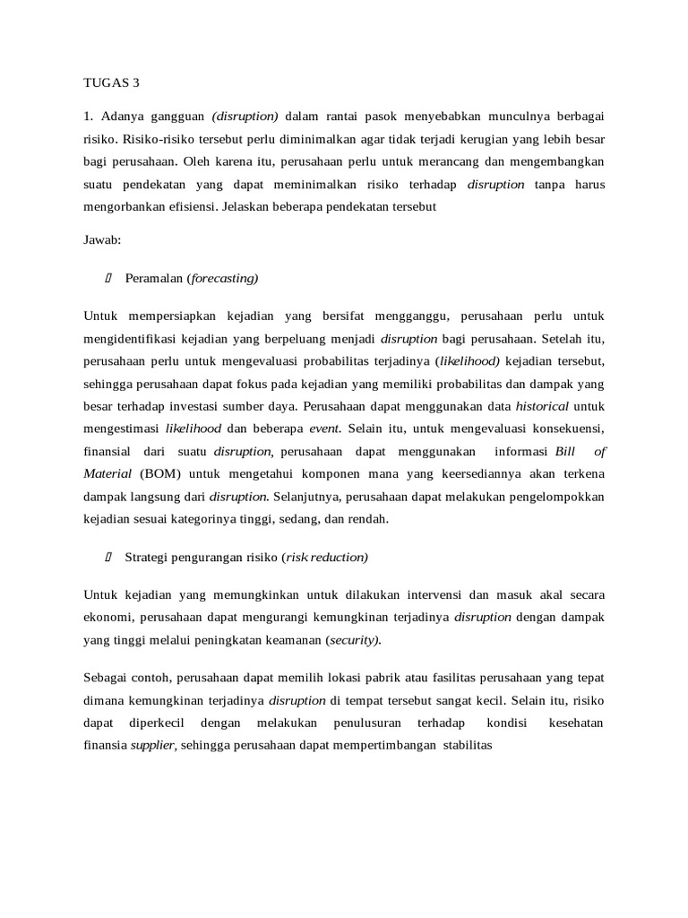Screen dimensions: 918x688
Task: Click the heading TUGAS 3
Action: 112,82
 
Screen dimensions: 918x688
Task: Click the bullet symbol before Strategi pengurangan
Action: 108,558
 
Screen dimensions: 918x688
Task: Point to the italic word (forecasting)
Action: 222,279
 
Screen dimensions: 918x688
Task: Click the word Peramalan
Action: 154,279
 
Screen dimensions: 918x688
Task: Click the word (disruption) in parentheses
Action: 245,117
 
